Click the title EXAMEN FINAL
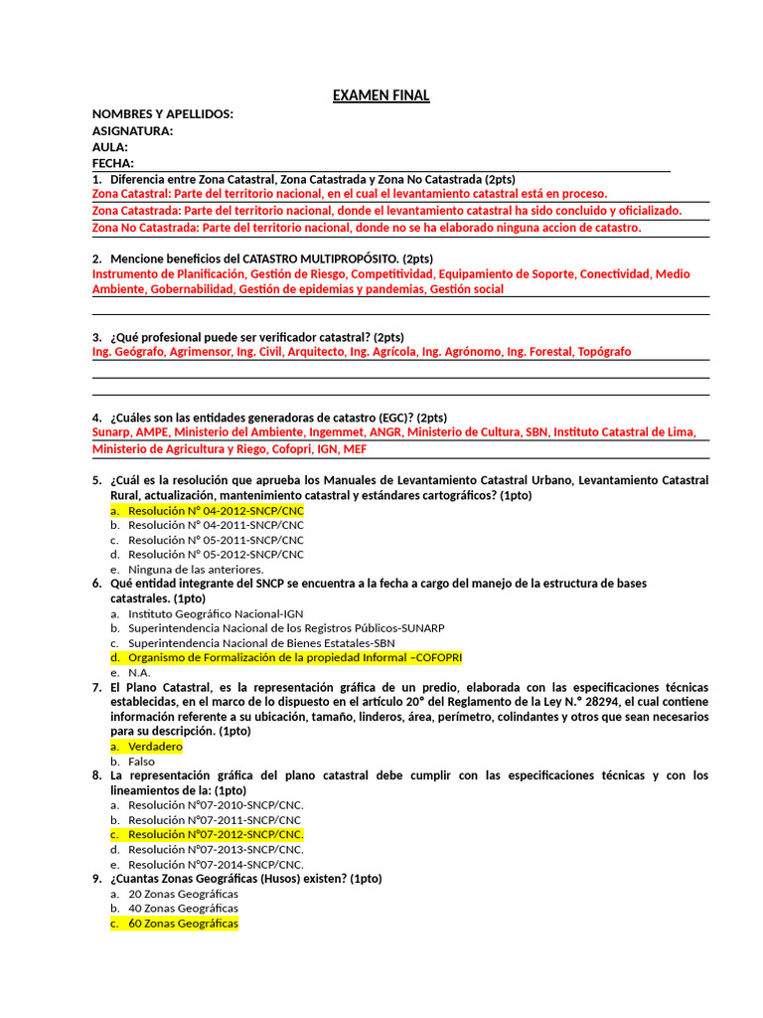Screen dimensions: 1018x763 tap(381, 95)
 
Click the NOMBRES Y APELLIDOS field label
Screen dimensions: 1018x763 tap(163, 114)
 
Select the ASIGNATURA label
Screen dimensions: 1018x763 tap(132, 131)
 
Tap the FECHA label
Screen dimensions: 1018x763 tap(113, 163)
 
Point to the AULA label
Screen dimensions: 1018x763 tap(110, 147)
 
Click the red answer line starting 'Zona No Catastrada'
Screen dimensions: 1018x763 tap(367, 228)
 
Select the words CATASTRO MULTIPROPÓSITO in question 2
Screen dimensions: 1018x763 tap(314, 258)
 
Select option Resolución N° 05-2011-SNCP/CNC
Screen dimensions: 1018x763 tap(216, 539)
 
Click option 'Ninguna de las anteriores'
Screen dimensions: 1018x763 tap(196, 569)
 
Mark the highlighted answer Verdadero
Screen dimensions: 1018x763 tap(155, 746)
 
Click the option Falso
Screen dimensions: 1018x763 tap(142, 762)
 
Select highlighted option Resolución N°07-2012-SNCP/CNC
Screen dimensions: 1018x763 tap(216, 834)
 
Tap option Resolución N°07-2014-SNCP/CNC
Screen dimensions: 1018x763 tap(216, 864)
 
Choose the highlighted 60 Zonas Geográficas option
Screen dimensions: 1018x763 tap(183, 924)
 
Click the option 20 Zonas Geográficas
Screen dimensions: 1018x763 tap(183, 894)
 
